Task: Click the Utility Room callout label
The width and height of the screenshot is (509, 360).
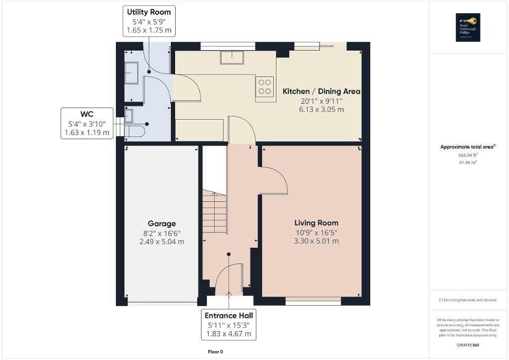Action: point(149,21)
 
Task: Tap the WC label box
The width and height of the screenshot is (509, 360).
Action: point(87,123)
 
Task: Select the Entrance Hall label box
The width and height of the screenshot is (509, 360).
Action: point(229,325)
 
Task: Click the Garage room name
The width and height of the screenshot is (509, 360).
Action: point(161,223)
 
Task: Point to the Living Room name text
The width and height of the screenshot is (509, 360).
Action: point(316,223)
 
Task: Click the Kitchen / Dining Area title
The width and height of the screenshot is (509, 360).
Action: point(321,91)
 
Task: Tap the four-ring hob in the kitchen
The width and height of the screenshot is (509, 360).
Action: point(265,86)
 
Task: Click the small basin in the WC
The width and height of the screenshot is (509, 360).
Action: point(130,114)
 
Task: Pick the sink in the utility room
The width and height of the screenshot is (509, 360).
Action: point(131,72)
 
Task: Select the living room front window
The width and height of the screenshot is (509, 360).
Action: point(313,303)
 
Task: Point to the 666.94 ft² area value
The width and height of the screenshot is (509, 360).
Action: point(468,155)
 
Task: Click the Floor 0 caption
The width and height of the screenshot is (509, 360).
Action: point(215,351)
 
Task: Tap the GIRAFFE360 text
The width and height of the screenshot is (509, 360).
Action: point(468,344)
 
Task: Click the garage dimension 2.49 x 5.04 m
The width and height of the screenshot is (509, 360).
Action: point(161,241)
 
